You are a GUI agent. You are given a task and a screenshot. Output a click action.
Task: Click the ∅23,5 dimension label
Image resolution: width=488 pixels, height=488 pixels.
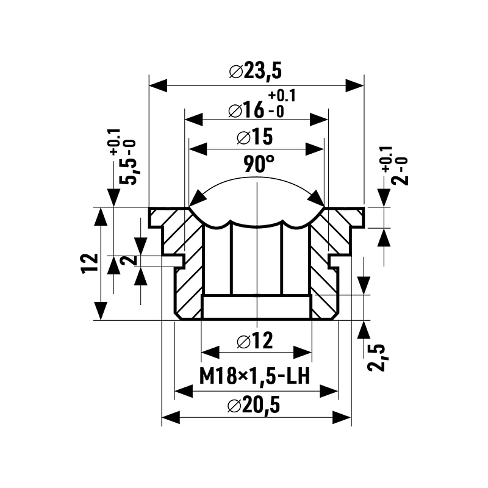(256, 71)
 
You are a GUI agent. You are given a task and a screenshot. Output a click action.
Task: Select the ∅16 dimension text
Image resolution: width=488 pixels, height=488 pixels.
(246, 110)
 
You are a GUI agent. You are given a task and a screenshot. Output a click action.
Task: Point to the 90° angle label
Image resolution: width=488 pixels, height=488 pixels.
(259, 165)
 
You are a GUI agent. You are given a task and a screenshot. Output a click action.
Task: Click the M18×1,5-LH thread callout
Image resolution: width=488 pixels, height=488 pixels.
(256, 376)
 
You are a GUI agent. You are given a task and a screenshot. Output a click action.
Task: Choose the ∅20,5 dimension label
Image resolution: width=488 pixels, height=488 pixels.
(256, 405)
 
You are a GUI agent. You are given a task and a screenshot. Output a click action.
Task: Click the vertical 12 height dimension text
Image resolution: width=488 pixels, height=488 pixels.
(90, 263)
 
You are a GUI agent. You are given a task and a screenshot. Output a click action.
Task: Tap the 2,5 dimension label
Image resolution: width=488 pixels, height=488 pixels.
(379, 356)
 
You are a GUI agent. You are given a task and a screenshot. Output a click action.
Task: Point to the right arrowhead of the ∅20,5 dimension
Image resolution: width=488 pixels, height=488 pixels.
(342, 418)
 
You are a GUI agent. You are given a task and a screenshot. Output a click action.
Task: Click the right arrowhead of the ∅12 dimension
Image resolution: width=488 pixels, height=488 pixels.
(303, 352)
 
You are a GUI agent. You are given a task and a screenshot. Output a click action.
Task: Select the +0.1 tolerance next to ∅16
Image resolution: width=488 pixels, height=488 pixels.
(281, 96)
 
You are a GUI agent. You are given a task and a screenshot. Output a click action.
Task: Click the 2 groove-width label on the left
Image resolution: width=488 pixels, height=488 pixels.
(128, 260)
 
